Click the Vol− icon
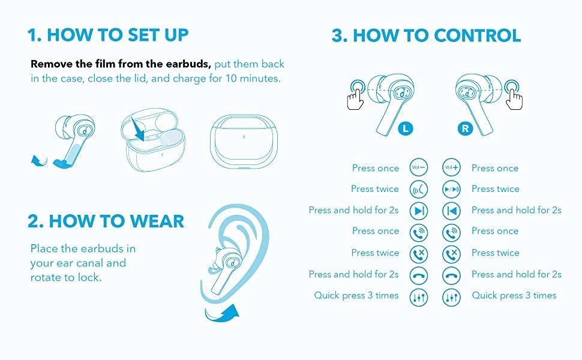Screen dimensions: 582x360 pos(419,167)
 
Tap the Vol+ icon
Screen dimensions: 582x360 pos(451,167)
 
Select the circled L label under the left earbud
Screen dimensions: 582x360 pos(406,128)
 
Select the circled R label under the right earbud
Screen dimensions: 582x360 pos(465,128)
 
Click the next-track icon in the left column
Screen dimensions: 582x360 pos(419,211)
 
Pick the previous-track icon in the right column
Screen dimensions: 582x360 pos(451,211)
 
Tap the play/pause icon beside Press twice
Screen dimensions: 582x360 pos(451,189)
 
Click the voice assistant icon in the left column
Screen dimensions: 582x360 pos(419,189)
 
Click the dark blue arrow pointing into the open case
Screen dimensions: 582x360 pos(139,130)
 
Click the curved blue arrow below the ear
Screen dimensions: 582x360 pos(223,314)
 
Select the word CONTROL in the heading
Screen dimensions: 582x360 pos(477,35)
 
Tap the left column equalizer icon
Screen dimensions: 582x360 pos(419,297)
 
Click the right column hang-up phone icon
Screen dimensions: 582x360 pos(451,276)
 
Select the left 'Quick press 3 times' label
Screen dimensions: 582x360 pos(356,295)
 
